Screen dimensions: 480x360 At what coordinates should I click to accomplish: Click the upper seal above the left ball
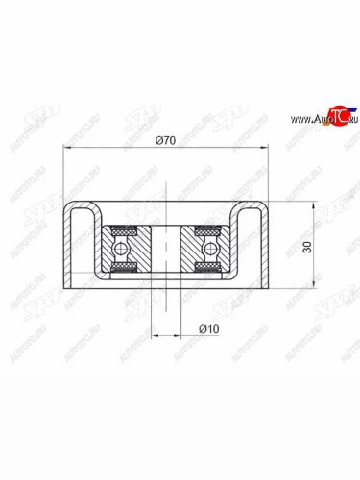[x=123, y=230]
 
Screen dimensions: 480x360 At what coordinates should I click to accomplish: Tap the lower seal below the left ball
[x=123, y=266]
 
